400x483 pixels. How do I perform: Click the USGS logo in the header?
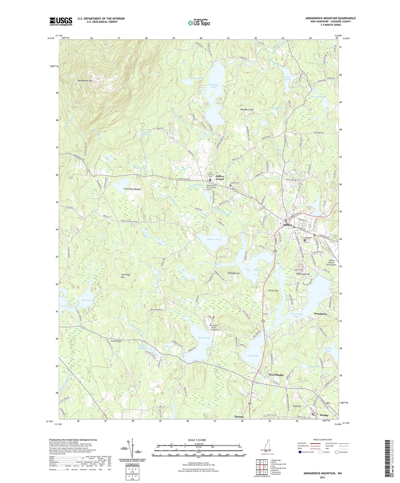point(61,21)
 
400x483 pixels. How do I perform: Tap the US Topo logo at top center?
point(199,22)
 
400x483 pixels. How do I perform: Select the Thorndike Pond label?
point(213,86)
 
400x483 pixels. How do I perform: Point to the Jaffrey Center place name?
point(220,178)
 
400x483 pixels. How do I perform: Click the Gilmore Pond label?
point(214,239)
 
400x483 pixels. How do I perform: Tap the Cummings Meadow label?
point(132,189)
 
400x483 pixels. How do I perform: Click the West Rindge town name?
point(276,375)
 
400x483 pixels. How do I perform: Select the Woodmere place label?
point(321,314)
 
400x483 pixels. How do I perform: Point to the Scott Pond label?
point(87,300)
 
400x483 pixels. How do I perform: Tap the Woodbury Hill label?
point(247,110)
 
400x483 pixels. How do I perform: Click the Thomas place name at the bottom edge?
point(239,417)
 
